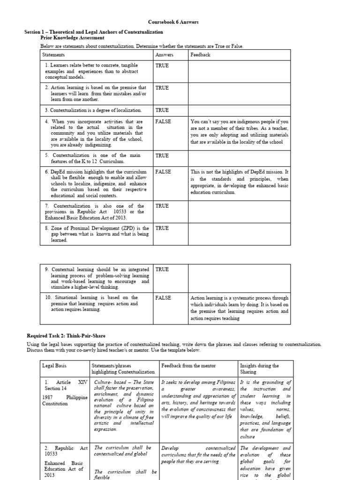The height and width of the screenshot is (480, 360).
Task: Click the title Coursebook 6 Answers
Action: [x=180, y=22]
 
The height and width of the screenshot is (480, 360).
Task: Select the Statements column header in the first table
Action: [x=53, y=55]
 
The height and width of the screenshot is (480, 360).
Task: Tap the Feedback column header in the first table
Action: [x=200, y=55]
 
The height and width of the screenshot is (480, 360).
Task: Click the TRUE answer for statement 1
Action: [x=162, y=66]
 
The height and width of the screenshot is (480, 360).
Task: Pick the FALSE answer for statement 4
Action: [x=164, y=121]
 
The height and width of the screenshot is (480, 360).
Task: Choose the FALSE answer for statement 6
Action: [x=164, y=172]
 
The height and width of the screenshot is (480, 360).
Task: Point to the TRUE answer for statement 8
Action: [x=162, y=228]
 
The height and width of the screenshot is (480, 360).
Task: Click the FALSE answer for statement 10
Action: [x=164, y=298]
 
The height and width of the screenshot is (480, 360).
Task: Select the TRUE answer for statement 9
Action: [x=162, y=270]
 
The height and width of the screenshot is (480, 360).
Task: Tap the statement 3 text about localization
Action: [x=93, y=110]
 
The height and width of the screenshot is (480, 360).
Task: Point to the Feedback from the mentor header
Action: [x=186, y=366]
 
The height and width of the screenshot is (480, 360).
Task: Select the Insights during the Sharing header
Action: [x=259, y=369]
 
